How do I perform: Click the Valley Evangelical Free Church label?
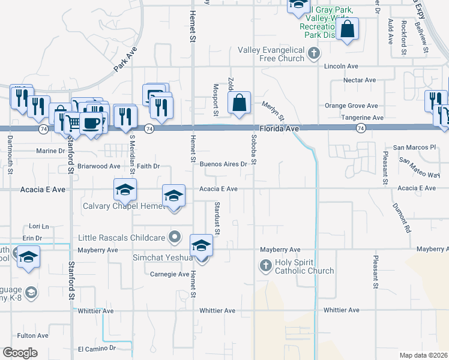coord(271,54)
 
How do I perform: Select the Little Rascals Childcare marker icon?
coord(175,238)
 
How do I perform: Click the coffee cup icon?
coord(91,123)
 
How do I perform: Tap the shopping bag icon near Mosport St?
coord(239,103)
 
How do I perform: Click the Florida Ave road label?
coord(279,128)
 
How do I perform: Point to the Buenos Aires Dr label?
coord(223,164)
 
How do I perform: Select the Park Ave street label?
coord(125,61)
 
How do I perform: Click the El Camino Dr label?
coord(97,348)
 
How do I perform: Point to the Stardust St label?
coord(217,218)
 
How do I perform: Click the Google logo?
coord(20,353)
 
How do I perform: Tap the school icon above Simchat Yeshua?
coord(201,245)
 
